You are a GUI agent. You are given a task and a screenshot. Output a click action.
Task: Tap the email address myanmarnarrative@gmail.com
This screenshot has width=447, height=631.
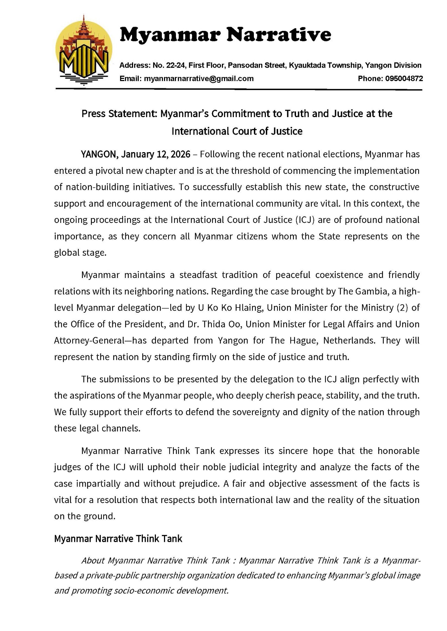click(199, 79)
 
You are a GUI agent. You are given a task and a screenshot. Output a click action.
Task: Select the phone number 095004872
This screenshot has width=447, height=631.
click(404, 79)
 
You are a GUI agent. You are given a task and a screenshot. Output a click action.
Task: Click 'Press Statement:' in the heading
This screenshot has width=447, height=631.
click(120, 114)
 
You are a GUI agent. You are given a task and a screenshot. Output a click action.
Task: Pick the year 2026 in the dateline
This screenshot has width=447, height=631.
click(180, 154)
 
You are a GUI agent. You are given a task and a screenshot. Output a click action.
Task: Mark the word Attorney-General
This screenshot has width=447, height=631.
click(87, 340)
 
